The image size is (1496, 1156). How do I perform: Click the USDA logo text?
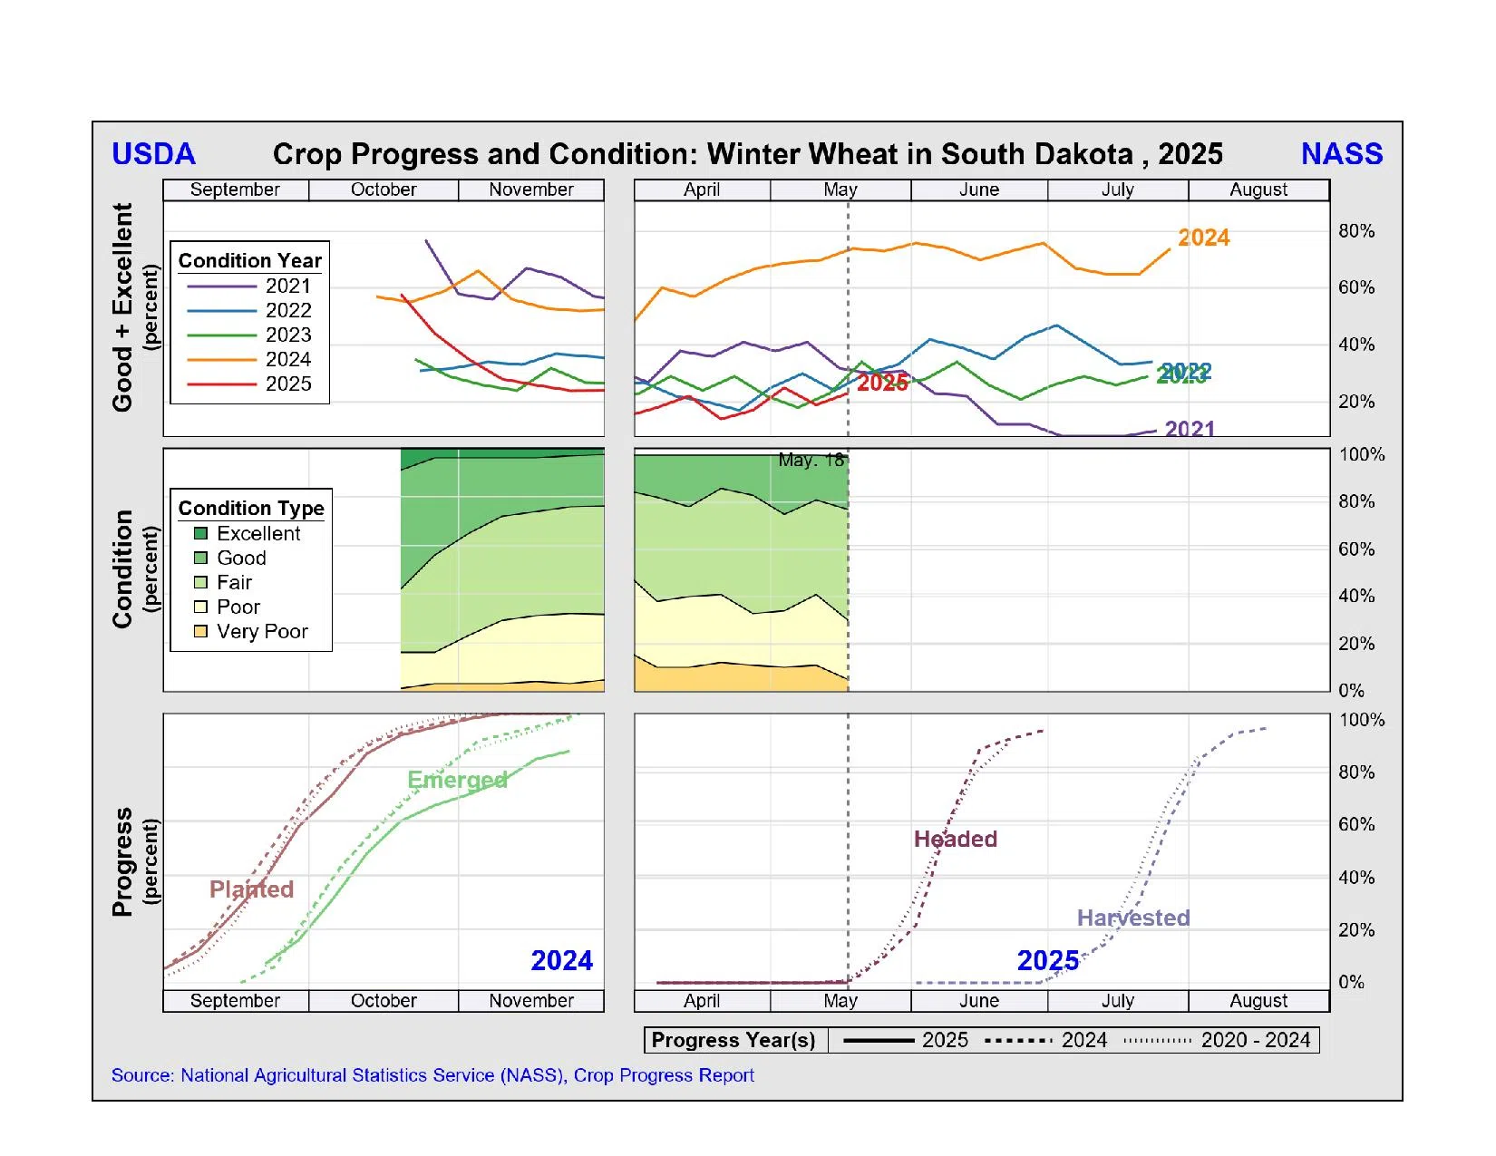153,154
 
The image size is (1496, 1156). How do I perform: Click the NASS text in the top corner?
1341,154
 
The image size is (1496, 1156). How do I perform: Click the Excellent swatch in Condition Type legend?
201,533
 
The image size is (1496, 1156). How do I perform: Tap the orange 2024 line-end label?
1203,238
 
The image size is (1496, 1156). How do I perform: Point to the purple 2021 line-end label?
1189,428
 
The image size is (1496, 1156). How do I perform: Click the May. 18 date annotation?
811,461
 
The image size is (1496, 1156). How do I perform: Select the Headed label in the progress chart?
955,839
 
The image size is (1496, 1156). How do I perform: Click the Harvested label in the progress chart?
1132,918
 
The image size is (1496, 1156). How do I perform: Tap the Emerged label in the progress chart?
457,780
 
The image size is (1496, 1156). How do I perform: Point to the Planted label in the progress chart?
251,889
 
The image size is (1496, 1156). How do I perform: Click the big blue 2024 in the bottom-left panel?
561,960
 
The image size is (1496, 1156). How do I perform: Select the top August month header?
1258,189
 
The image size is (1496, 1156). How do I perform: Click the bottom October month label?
384,1000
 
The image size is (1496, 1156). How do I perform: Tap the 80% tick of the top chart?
1355,231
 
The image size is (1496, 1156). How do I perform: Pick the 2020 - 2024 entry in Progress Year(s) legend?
1255,1040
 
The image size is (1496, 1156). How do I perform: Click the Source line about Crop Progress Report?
432,1075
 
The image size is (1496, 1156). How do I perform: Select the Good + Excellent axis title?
122,307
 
